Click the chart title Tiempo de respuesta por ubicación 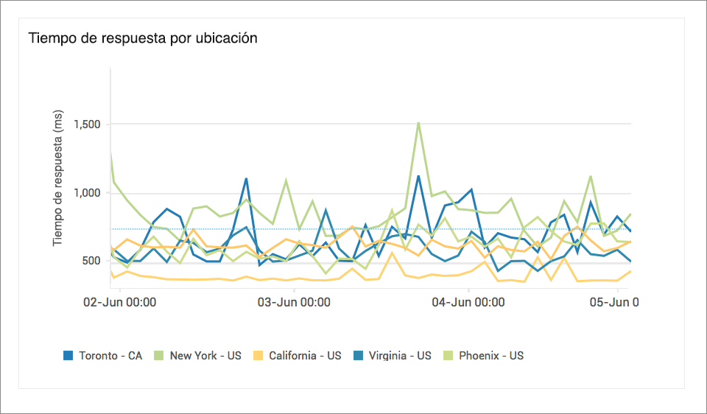coord(143,38)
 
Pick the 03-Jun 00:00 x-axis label coord(293,302)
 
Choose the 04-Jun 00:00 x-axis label coord(468,302)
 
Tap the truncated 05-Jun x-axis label coord(616,302)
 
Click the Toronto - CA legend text coord(110,355)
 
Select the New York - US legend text coord(205,355)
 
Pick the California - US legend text coord(305,355)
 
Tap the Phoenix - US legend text coord(491,355)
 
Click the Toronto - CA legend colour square coord(68,355)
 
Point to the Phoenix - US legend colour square coord(449,355)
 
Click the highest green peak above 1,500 coord(418,123)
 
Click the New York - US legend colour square coord(159,355)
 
